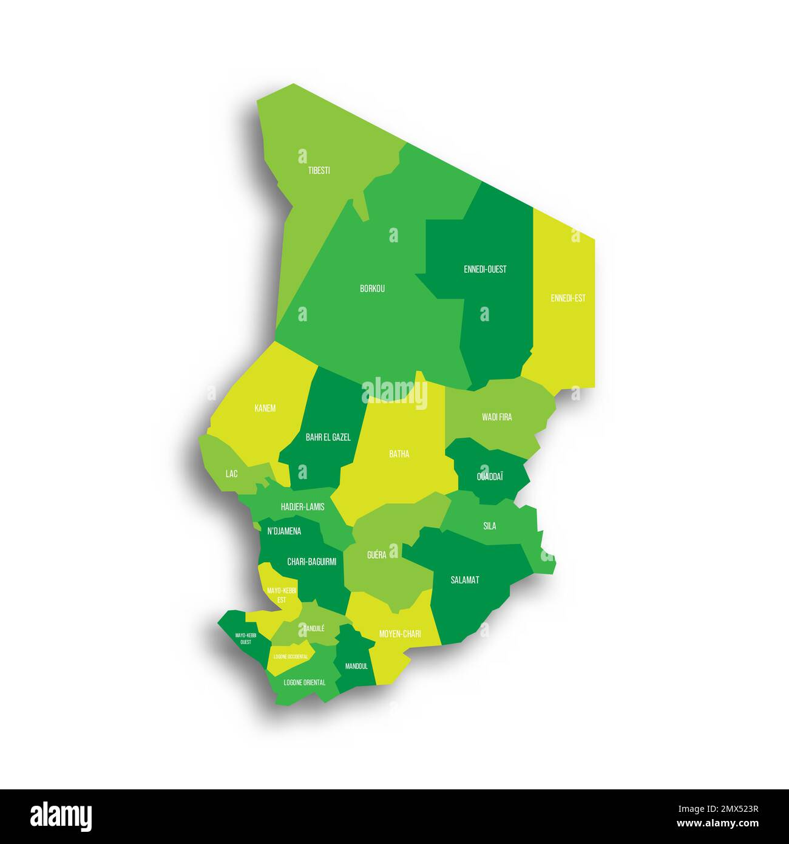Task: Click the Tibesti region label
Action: point(319,171)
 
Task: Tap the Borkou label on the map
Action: point(372,288)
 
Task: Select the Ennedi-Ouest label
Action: point(484,269)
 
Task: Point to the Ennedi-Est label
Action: point(568,298)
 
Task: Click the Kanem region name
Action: point(265,408)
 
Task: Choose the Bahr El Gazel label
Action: point(328,437)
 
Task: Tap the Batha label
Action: point(399,454)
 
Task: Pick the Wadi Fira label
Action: point(496,417)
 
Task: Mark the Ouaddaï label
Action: point(490,477)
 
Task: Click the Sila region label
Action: point(489,526)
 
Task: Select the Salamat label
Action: point(465,580)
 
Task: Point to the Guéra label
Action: point(376,555)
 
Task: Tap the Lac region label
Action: point(231,474)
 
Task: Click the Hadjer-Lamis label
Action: point(302,506)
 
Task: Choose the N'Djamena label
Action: point(284,531)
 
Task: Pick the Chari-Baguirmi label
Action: point(311,562)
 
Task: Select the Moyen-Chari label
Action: point(400,634)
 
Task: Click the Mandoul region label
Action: point(356,666)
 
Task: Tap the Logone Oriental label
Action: point(304,682)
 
